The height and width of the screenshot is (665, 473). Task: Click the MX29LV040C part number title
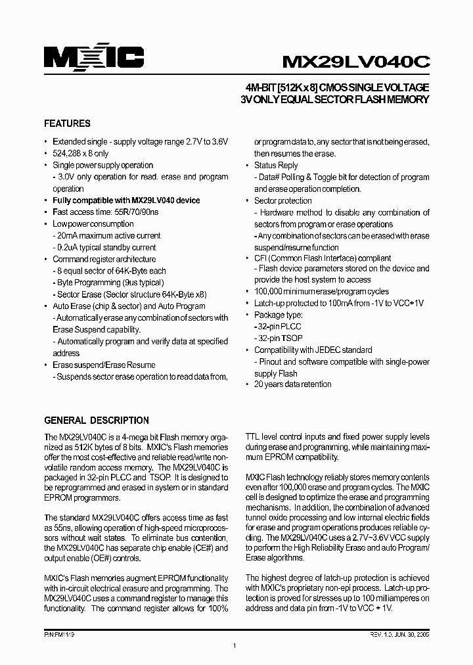click(355, 61)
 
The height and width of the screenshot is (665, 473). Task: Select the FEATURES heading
click(67, 124)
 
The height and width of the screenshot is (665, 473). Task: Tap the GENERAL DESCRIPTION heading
click(96, 421)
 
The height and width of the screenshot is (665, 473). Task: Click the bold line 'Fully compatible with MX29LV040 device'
click(126, 200)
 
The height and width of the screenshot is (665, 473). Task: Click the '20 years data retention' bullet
click(292, 384)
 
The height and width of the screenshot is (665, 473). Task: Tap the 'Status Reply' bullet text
click(276, 166)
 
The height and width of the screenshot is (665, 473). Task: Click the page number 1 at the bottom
click(235, 647)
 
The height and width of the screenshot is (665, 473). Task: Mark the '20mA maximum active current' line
click(106, 236)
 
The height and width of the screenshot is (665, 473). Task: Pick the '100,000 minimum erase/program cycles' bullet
click(321, 292)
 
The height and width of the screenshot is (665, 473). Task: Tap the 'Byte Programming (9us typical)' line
click(108, 283)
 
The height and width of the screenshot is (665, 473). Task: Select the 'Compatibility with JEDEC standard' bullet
click(313, 350)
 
